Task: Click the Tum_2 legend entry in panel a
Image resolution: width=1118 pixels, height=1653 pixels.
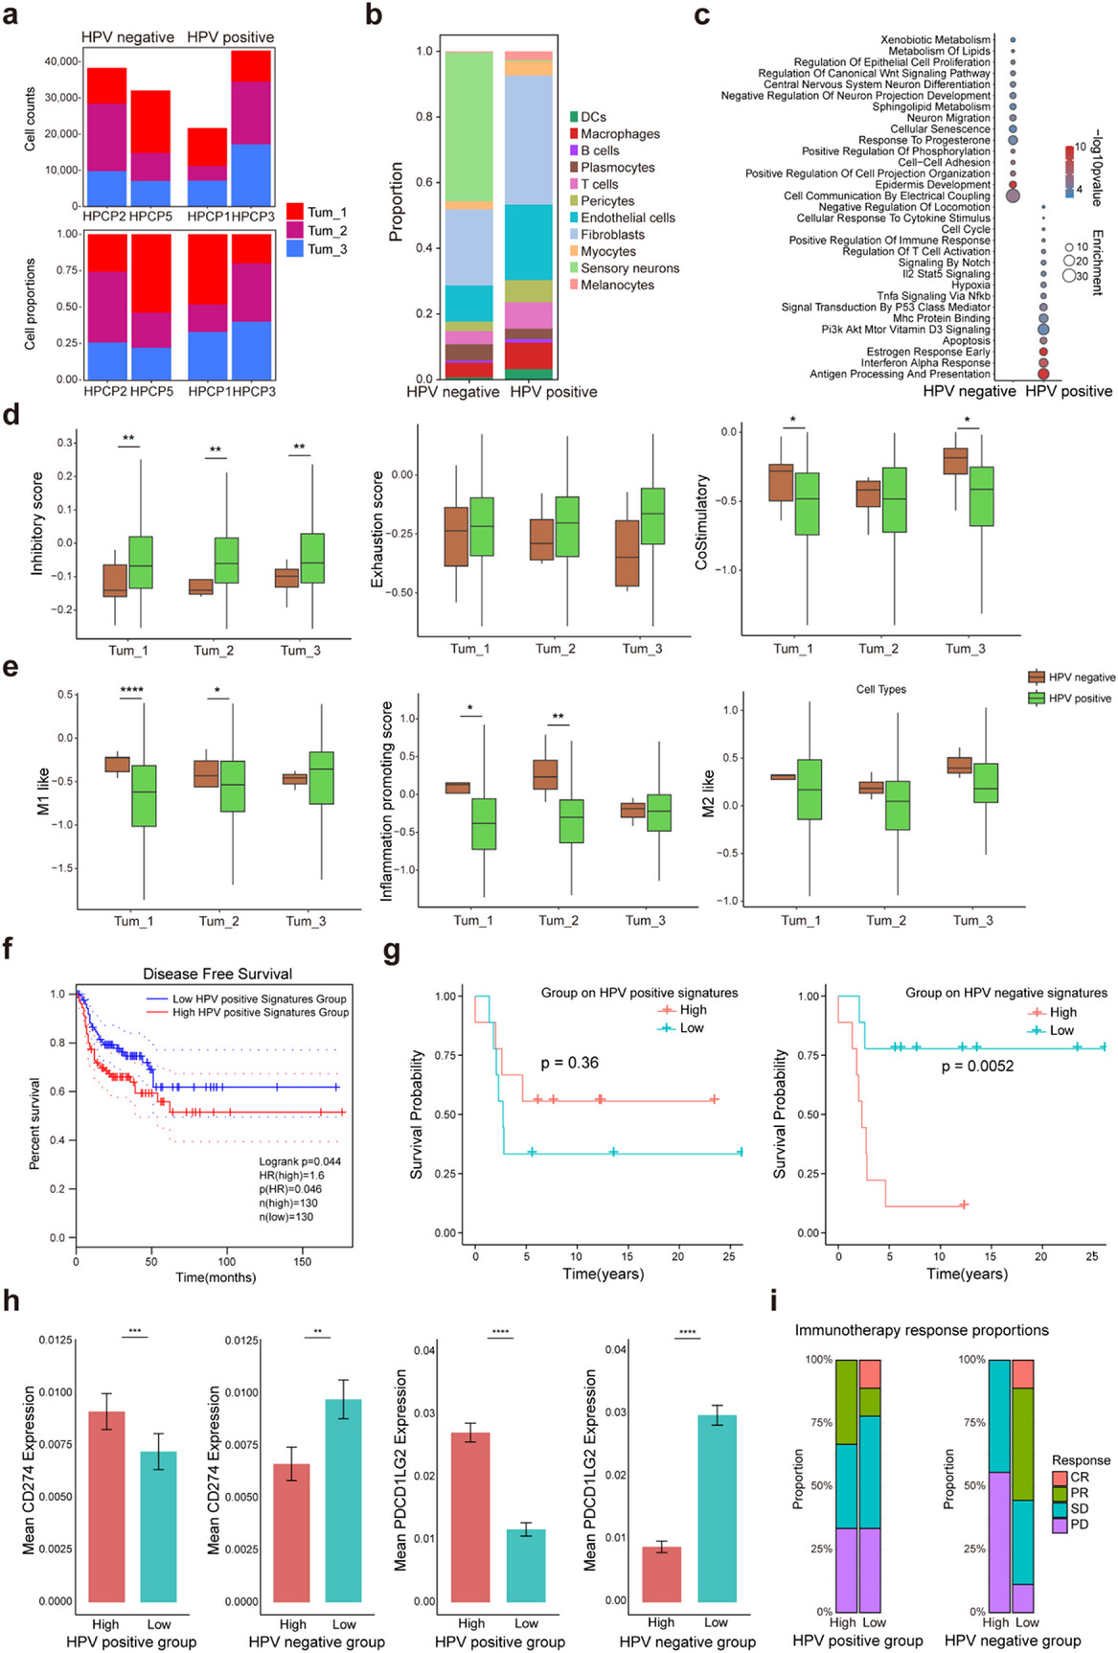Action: pyautogui.click(x=326, y=231)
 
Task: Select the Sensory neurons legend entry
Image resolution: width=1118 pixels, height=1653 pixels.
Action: pyautogui.click(x=629, y=268)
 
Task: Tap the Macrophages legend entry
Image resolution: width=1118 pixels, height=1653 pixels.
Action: pyautogui.click(x=620, y=134)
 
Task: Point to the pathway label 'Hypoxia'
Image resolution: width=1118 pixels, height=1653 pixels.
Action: pyautogui.click(x=970, y=285)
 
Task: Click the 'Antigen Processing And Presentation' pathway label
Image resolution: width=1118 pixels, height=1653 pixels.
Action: pyautogui.click(x=900, y=374)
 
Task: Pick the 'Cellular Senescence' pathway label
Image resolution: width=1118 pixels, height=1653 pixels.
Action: pyautogui.click(x=940, y=128)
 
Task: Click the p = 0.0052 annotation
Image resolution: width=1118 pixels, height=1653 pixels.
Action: pyautogui.click(x=977, y=1066)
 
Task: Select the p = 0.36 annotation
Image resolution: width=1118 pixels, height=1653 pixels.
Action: pyautogui.click(x=569, y=1063)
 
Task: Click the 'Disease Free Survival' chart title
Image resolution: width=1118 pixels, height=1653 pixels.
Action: pyautogui.click(x=217, y=974)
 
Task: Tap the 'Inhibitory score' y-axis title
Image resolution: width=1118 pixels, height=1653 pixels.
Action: pyautogui.click(x=37, y=523)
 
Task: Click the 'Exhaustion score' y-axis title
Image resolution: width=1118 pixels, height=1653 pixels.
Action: pyautogui.click(x=377, y=529)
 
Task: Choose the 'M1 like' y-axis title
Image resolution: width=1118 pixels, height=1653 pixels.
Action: pyautogui.click(x=43, y=792)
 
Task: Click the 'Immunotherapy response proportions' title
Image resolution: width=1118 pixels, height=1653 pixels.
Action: pyautogui.click(x=921, y=1330)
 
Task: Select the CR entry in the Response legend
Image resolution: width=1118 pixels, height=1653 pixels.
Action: pyautogui.click(x=1079, y=1477)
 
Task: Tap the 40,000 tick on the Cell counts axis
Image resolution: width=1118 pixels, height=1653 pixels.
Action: pyautogui.click(x=61, y=61)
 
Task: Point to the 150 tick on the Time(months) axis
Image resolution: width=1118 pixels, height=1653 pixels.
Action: pyautogui.click(x=302, y=1262)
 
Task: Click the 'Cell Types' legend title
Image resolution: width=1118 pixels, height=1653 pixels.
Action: pyautogui.click(x=880, y=689)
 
